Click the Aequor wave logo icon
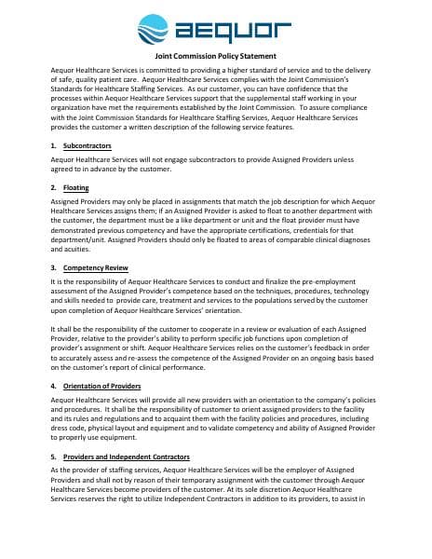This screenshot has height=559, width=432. (155, 30)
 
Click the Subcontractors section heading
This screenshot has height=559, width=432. (86, 146)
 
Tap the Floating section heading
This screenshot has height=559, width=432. (76, 187)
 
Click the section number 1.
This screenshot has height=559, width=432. (53, 146)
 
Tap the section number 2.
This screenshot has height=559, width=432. (53, 187)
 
